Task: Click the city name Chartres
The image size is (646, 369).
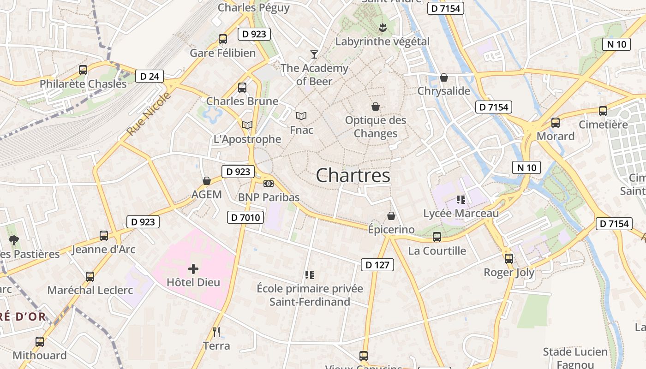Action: tap(353, 175)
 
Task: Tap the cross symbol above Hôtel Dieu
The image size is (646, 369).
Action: tap(193, 268)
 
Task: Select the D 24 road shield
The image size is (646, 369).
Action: tap(150, 76)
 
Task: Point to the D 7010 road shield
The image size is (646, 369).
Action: tap(245, 217)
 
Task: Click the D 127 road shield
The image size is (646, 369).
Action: tap(377, 265)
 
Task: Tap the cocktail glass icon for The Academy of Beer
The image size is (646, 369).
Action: tap(314, 54)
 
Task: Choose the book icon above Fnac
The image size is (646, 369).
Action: tap(301, 116)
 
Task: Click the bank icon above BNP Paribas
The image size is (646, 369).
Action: tap(269, 184)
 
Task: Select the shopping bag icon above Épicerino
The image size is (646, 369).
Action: tap(391, 216)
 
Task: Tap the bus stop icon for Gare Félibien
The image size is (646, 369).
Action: tap(223, 39)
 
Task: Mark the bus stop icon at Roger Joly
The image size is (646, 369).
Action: tap(509, 259)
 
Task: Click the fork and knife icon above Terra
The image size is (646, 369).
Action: tap(216, 332)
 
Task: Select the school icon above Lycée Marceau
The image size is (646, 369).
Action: tap(461, 200)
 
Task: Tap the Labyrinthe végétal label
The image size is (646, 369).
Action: tap(383, 42)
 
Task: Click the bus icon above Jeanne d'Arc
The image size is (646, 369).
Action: tap(104, 236)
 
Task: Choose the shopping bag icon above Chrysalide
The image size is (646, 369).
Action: tap(444, 77)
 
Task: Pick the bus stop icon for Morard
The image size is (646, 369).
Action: tap(556, 123)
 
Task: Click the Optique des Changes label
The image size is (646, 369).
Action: tap(376, 127)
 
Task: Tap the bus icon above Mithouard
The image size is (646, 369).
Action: tap(40, 342)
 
